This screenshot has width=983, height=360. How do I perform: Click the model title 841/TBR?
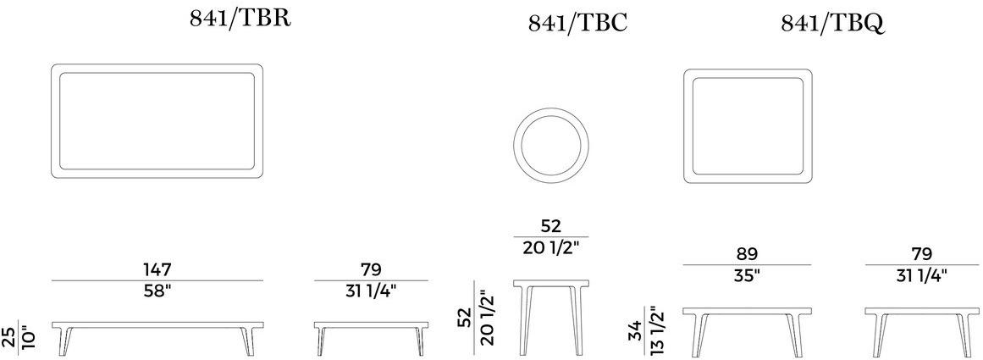click(240, 19)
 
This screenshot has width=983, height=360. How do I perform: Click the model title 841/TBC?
click(577, 23)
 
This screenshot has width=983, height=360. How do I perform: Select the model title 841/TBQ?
click(832, 23)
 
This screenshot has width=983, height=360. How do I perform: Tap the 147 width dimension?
click(157, 269)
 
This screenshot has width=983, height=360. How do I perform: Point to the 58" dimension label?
click(157, 291)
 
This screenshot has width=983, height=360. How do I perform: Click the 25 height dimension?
click(9, 338)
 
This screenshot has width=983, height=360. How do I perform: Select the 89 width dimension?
click(747, 254)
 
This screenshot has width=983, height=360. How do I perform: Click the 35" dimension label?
click(747, 275)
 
